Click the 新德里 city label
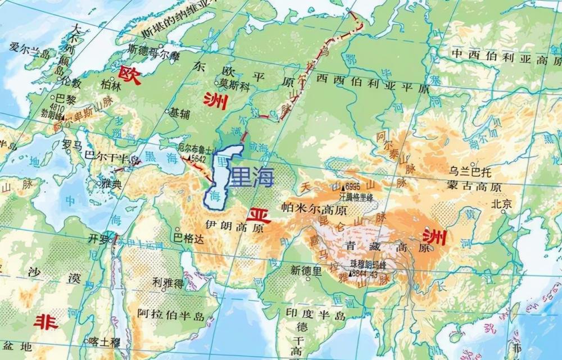[x=306, y=271]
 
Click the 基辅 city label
[x=180, y=112]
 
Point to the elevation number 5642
[x=198, y=159]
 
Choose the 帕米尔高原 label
[x=314, y=208]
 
